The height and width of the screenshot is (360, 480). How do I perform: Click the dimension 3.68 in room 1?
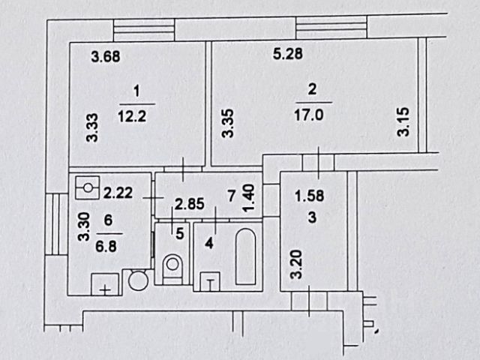click(106, 55)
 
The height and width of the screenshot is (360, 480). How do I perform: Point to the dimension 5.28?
click(287, 54)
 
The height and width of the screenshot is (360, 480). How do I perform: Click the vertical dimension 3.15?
click(403, 122)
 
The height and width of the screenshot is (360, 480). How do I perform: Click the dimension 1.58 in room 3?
click(308, 197)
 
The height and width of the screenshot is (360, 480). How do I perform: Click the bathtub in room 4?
click(245, 258)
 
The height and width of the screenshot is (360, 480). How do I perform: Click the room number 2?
click(312, 89)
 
